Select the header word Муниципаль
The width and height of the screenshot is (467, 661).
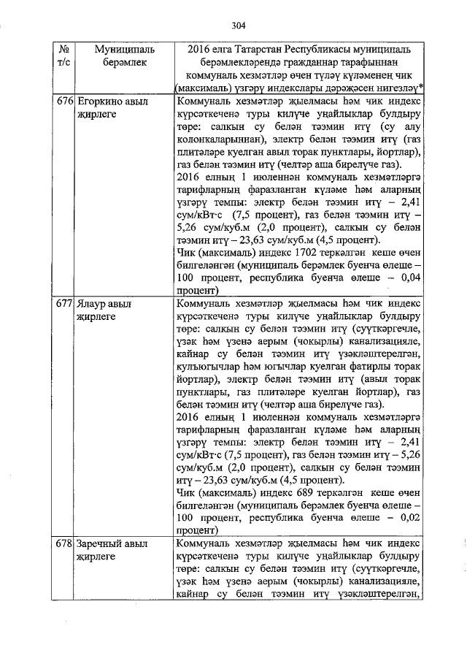(x=125, y=49)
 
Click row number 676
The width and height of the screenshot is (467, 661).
(x=65, y=102)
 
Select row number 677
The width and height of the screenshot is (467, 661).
(x=65, y=302)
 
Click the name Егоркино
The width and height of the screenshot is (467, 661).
(x=101, y=102)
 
